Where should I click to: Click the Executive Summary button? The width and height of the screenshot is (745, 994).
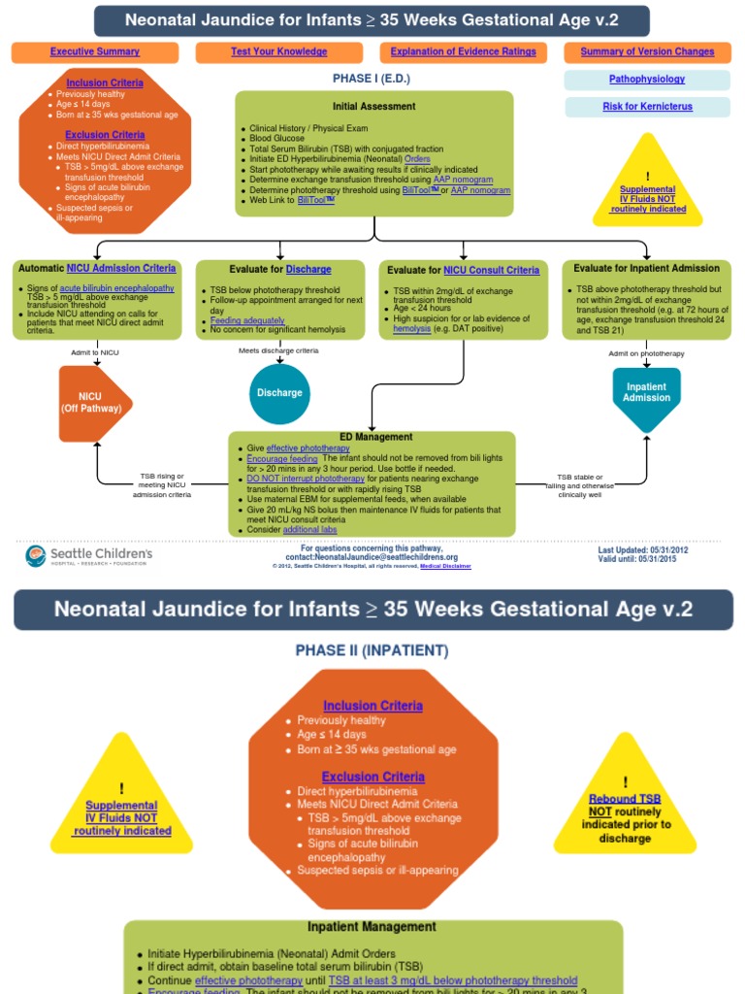[95, 52]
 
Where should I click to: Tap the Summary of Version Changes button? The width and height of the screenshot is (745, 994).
[647, 52]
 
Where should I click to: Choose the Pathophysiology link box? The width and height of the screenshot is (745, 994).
[647, 80]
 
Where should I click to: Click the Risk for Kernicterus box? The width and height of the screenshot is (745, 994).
[647, 107]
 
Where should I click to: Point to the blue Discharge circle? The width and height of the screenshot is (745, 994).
[279, 393]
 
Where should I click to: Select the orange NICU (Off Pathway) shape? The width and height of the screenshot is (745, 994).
[94, 403]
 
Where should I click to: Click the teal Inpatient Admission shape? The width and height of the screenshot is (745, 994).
[646, 393]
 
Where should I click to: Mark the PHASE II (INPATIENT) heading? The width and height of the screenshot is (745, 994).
[372, 650]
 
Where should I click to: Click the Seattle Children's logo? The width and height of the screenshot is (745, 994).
[88, 556]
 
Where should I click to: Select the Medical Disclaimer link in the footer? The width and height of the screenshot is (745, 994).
[445, 566]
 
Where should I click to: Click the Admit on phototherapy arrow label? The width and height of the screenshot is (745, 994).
[646, 353]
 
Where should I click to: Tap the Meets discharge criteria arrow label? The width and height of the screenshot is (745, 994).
[278, 350]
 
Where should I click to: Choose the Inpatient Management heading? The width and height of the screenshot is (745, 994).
[372, 927]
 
